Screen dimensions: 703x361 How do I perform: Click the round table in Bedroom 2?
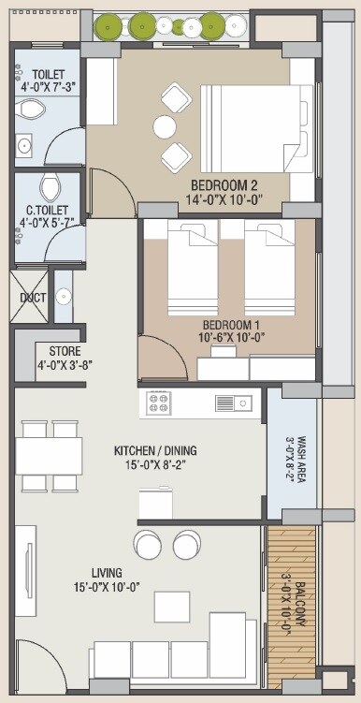pos(166,127)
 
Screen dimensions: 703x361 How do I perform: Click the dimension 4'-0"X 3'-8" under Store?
pos(65,365)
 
